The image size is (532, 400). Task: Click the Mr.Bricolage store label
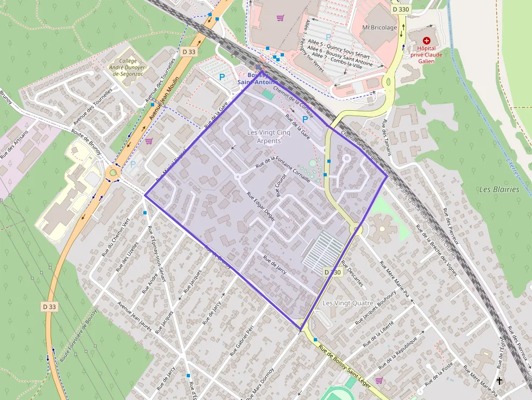click(379, 27)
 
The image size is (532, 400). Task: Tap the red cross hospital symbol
click(426, 40)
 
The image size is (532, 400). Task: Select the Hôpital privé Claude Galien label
click(426, 54)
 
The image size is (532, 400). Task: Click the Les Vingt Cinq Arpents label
click(264, 137)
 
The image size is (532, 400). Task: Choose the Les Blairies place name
click(499, 189)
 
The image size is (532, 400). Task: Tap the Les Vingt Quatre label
click(348, 303)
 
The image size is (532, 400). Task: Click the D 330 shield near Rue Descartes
click(332, 272)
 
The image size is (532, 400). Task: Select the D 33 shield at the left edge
click(49, 307)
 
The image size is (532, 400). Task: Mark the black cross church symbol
click(499, 382)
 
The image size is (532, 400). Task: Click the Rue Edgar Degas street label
click(261, 207)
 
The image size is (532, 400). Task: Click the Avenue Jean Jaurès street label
click(135, 315)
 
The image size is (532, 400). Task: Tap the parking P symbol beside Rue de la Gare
click(305, 118)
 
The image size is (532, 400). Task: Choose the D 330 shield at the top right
click(400, 9)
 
